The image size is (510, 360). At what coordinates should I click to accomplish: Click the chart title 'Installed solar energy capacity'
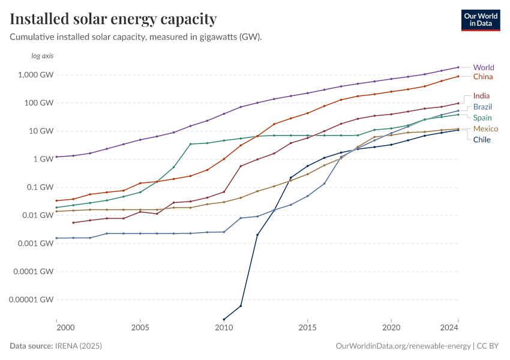[x=113, y=19]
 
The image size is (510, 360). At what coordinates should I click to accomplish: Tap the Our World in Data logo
[x=480, y=20]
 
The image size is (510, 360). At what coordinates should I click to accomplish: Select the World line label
[x=484, y=67]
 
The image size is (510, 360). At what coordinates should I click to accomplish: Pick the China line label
[x=483, y=77]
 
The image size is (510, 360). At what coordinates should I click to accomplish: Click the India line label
[x=481, y=95]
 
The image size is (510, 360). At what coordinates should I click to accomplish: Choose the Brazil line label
[x=482, y=107]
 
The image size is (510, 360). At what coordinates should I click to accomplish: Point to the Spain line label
[x=482, y=118]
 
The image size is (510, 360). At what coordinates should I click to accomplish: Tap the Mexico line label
[x=485, y=129]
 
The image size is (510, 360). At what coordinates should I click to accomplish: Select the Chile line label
[x=482, y=140]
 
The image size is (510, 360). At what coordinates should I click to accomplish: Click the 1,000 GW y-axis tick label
[x=37, y=75]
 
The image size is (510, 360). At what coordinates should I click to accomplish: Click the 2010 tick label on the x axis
[x=224, y=328]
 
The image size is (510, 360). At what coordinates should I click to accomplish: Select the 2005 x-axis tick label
[x=140, y=328]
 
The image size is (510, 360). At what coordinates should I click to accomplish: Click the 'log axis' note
[x=43, y=56]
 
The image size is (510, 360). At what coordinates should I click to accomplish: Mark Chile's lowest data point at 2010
[x=224, y=319]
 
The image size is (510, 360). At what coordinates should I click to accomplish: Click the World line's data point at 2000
[x=56, y=157]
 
